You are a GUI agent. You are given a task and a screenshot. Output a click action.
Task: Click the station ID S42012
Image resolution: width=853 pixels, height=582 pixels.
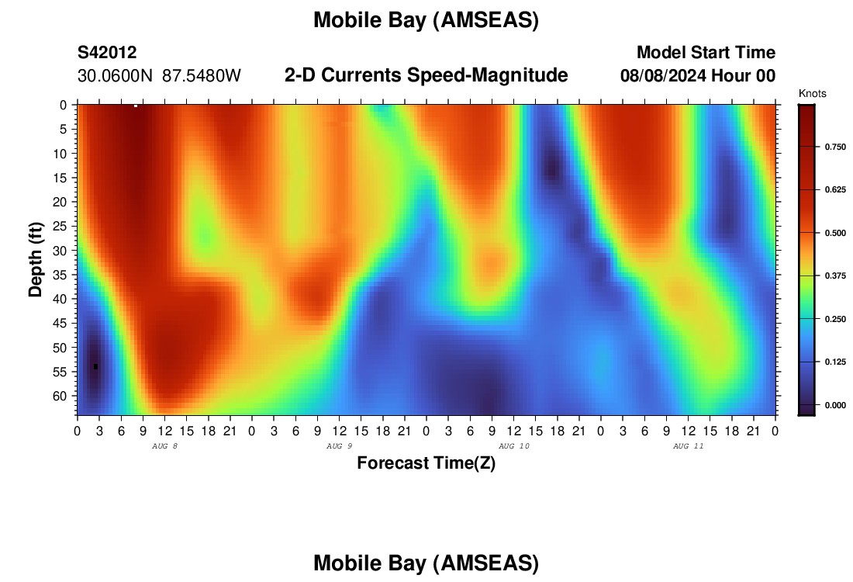click(107, 52)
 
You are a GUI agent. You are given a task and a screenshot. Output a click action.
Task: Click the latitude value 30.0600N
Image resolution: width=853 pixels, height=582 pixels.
click(115, 76)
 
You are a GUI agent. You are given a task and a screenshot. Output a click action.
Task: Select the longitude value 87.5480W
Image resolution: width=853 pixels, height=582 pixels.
click(202, 76)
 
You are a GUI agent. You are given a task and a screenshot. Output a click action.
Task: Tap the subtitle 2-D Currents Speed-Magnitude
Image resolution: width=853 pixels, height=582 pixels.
click(426, 75)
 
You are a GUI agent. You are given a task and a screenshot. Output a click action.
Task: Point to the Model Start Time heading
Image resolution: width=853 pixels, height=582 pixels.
click(706, 52)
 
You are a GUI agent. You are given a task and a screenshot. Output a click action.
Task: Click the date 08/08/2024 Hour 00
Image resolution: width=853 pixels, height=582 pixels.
click(698, 76)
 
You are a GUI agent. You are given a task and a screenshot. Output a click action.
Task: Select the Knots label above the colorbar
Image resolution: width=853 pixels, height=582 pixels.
click(812, 93)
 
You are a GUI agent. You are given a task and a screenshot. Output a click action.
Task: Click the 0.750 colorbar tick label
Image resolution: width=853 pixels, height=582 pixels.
click(836, 147)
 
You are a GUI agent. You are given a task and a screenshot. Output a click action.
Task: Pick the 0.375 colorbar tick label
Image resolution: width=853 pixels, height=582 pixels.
click(836, 275)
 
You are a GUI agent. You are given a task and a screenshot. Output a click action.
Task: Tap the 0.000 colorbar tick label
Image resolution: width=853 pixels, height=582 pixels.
click(836, 404)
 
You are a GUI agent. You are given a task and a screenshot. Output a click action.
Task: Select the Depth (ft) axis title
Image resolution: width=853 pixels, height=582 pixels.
click(36, 259)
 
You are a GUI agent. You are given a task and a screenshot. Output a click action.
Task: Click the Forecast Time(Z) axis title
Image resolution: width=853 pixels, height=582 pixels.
click(426, 462)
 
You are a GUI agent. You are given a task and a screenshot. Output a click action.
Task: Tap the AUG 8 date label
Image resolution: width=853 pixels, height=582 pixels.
click(165, 446)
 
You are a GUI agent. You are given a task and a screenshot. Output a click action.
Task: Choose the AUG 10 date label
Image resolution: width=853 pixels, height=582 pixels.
click(514, 446)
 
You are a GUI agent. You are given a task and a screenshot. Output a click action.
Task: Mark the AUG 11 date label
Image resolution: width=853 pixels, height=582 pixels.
click(688, 446)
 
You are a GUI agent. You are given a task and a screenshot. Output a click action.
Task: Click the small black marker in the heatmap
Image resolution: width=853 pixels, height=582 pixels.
click(95, 366)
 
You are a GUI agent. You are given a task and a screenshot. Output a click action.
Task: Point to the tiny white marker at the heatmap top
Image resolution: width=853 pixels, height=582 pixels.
click(136, 106)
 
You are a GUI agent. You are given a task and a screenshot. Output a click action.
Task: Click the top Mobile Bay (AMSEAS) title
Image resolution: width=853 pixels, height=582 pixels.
click(426, 20)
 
